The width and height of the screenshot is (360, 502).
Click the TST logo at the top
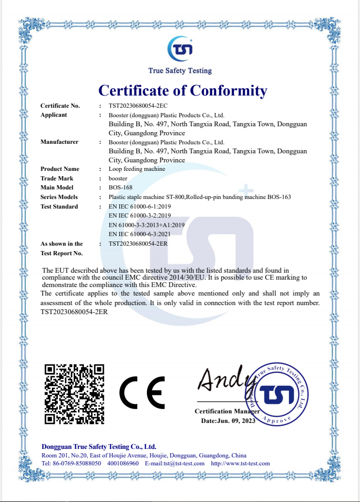[180, 49]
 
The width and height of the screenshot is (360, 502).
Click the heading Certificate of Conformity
[183, 90]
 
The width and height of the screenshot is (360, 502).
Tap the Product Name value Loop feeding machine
[137, 169]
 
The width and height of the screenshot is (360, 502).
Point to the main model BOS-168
[120, 188]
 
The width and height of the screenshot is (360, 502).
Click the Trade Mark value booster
[118, 178]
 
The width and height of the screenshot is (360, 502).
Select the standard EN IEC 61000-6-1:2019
[139, 206]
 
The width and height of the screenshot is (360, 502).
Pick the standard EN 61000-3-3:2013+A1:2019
[146, 225]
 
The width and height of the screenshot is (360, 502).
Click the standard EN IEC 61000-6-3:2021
[139, 234]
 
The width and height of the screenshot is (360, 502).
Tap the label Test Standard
[59, 206]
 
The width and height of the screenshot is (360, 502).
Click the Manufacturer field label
[59, 142]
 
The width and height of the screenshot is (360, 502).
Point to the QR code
[74, 394]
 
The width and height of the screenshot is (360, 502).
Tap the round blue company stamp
[276, 393]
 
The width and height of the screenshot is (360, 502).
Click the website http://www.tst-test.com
[240, 463]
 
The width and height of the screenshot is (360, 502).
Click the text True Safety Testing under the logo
[180, 71]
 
